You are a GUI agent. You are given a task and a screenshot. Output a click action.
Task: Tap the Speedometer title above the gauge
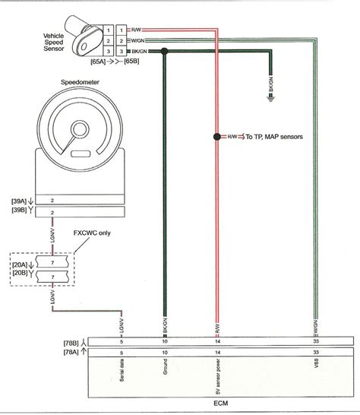[79, 81]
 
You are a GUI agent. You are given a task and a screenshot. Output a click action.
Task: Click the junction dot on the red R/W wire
[216, 137]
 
